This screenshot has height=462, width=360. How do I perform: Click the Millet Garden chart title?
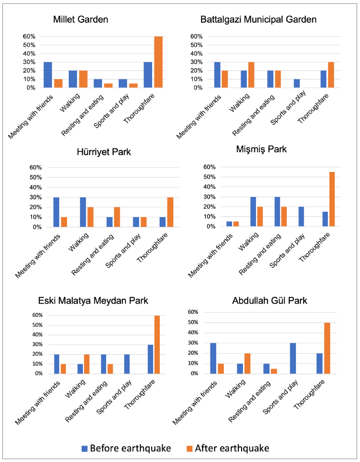80,20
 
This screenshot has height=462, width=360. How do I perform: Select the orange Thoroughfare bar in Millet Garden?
158,62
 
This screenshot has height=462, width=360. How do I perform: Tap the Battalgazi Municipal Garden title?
258,20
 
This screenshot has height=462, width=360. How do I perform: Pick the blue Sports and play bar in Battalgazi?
296,83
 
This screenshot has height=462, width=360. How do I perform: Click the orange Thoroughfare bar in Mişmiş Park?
332,199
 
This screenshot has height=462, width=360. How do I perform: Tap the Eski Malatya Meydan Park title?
93,301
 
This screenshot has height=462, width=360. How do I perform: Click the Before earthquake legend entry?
128,448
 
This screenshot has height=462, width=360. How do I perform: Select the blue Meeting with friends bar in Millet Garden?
48,75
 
